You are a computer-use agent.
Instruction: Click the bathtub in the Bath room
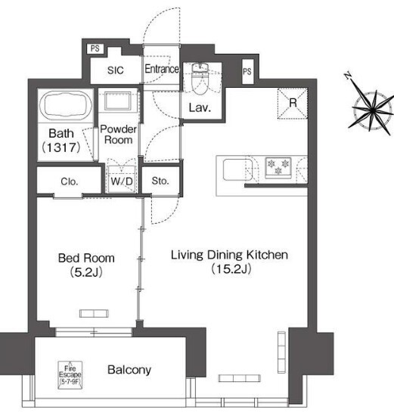tap(66, 106)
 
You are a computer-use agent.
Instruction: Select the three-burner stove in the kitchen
tap(278, 167)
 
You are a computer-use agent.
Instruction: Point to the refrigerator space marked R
tap(293, 104)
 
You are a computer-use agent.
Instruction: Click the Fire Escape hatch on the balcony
tap(70, 375)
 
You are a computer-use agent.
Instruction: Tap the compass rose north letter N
tap(348, 76)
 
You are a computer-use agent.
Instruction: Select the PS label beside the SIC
tap(95, 48)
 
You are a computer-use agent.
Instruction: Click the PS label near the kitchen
tap(247, 71)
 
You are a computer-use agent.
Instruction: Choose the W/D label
tap(122, 182)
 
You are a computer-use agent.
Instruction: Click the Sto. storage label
tap(160, 181)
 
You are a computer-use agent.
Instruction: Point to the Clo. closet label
tap(70, 182)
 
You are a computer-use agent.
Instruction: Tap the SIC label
tap(116, 70)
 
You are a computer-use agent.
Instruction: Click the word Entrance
tap(162, 69)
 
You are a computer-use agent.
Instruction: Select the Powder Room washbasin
tap(118, 101)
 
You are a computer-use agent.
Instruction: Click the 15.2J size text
tap(231, 269)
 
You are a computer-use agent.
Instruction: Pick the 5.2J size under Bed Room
tap(86, 272)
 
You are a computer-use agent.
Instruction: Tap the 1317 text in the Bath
tap(61, 147)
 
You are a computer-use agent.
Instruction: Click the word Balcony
tap(129, 370)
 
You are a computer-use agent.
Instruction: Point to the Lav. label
tap(200, 108)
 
